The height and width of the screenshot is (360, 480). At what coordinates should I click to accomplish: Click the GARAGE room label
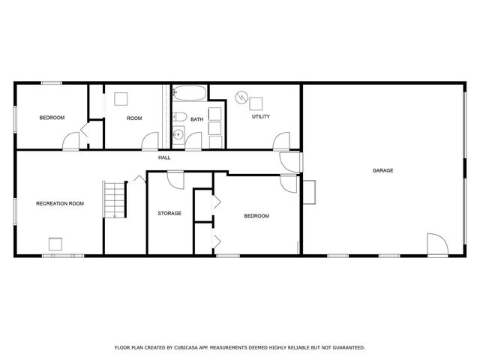click(382, 170)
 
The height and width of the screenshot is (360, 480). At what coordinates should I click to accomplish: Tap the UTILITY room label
click(261, 116)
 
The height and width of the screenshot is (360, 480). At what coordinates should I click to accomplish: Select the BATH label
click(196, 119)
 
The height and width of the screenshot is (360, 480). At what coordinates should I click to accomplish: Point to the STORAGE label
click(169, 213)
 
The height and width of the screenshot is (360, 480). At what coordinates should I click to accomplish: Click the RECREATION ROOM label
click(60, 203)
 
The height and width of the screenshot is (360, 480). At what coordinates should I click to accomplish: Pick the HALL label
click(164, 157)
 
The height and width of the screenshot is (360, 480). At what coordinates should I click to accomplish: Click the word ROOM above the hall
click(134, 118)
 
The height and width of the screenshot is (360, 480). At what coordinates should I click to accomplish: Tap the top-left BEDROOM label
click(52, 118)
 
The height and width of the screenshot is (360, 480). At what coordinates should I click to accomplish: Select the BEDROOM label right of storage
click(256, 216)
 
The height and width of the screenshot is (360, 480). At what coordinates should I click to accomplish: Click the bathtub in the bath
click(190, 94)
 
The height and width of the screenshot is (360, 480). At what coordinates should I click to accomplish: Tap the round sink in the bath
click(178, 136)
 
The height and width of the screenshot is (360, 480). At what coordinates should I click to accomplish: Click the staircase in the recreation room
click(112, 199)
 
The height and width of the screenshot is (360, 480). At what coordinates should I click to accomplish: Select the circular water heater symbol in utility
click(241, 97)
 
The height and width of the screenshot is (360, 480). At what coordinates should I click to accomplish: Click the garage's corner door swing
click(436, 244)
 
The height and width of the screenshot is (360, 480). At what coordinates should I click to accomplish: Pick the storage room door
click(175, 180)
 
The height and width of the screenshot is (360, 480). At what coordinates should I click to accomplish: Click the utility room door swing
click(282, 142)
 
